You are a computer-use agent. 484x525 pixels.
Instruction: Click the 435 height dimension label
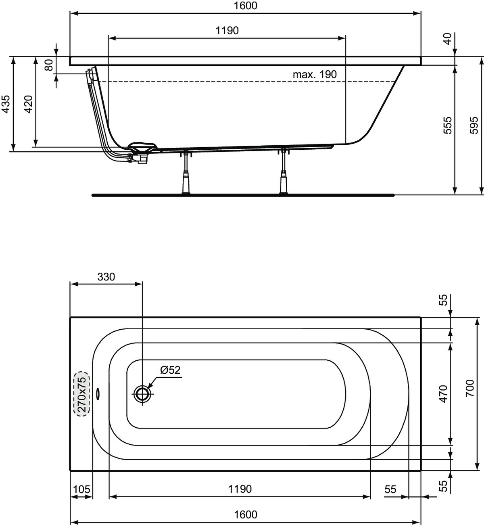6,104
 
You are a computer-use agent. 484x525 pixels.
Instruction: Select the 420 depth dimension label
29,104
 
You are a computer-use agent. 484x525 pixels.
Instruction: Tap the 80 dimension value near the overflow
49,65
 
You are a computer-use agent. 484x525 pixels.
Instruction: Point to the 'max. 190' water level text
315,75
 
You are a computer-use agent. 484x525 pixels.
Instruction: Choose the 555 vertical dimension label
447,125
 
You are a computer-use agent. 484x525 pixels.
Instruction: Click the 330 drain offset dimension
106,277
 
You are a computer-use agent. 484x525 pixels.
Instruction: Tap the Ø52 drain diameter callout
170,370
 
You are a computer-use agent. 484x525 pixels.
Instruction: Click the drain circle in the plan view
142,394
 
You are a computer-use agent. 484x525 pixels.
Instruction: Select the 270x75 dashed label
82,394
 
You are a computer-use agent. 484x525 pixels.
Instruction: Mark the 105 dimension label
82,489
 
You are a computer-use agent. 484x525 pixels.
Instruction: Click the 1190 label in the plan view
240,489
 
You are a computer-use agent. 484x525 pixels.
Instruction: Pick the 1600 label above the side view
246,6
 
